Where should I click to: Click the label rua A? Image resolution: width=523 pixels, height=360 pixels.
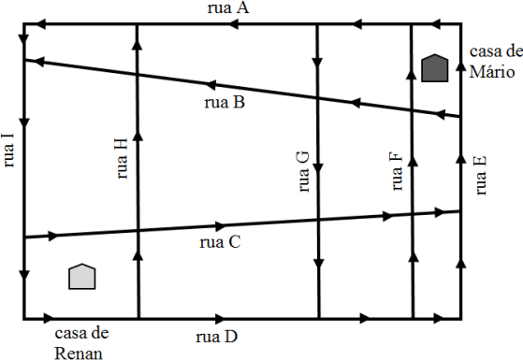228,8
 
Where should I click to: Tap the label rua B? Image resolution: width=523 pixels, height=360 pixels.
225,102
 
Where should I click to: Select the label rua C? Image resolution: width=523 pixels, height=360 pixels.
220,242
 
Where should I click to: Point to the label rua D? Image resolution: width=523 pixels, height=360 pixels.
217,337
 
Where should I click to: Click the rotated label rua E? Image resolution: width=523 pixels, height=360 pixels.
480,176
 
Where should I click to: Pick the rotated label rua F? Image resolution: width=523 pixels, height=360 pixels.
397,171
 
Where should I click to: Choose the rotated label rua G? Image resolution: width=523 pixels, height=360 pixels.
303,172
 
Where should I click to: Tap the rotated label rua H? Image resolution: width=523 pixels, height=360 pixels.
122,158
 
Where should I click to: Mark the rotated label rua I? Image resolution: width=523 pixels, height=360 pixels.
8,151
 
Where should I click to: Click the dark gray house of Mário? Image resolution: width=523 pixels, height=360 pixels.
435,68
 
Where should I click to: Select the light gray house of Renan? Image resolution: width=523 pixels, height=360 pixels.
82,277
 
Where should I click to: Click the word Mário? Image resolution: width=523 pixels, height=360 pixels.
491,72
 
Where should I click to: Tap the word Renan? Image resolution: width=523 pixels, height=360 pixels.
79,353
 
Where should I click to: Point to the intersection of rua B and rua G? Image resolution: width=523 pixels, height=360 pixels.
317,98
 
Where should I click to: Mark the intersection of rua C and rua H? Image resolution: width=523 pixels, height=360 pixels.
138,231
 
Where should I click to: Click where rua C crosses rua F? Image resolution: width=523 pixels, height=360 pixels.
413,214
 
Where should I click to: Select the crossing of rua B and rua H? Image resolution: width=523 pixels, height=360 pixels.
137,75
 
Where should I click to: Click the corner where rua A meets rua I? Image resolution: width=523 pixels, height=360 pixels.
24,24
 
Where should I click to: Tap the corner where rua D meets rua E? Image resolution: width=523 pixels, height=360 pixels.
461,319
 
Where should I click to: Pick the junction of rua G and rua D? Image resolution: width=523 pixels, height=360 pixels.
319,319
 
